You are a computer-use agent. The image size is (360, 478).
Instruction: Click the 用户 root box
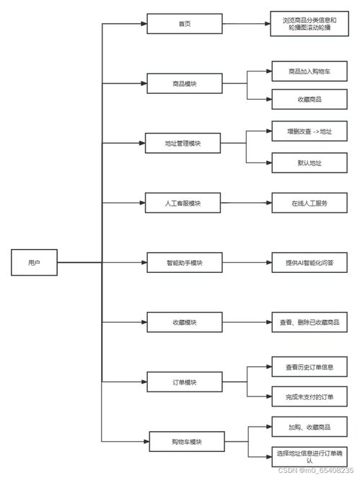point(34,262)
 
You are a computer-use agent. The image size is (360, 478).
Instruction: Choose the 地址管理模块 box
point(183,144)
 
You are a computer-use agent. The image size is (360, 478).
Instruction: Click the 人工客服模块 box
point(183,203)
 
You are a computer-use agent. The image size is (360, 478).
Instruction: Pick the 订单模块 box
point(185,382)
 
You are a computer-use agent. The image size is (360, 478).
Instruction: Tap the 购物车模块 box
point(185,441)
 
